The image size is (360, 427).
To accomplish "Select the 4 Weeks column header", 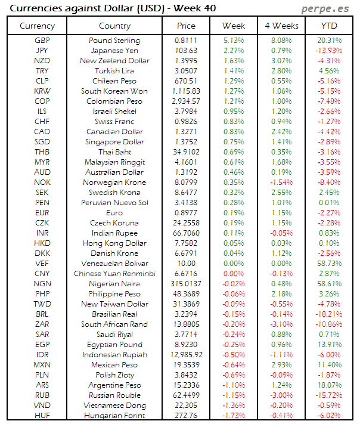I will tap(281, 26).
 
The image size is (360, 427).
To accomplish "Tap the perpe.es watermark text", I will tap(326, 8).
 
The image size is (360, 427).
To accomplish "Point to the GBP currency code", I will tap(42, 41).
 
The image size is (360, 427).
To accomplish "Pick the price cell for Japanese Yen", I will tap(187, 51).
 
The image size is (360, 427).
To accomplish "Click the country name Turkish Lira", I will tap(114, 71).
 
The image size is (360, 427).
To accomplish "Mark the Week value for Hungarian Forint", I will tap(233, 416).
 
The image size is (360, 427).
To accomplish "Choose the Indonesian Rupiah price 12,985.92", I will tap(187, 355).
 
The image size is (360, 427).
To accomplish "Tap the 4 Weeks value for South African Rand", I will tap(281, 324).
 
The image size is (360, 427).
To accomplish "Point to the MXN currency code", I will tap(42, 365).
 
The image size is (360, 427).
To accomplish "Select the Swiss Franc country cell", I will tap(114, 122).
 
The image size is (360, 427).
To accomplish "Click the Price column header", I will tap(187, 26).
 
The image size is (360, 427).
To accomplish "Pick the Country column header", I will tap(114, 26).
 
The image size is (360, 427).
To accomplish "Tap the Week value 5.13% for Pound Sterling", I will tap(233, 41).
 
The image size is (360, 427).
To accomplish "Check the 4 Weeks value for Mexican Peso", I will tap(281, 365).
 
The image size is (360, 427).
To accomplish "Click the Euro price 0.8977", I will tap(187, 213).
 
